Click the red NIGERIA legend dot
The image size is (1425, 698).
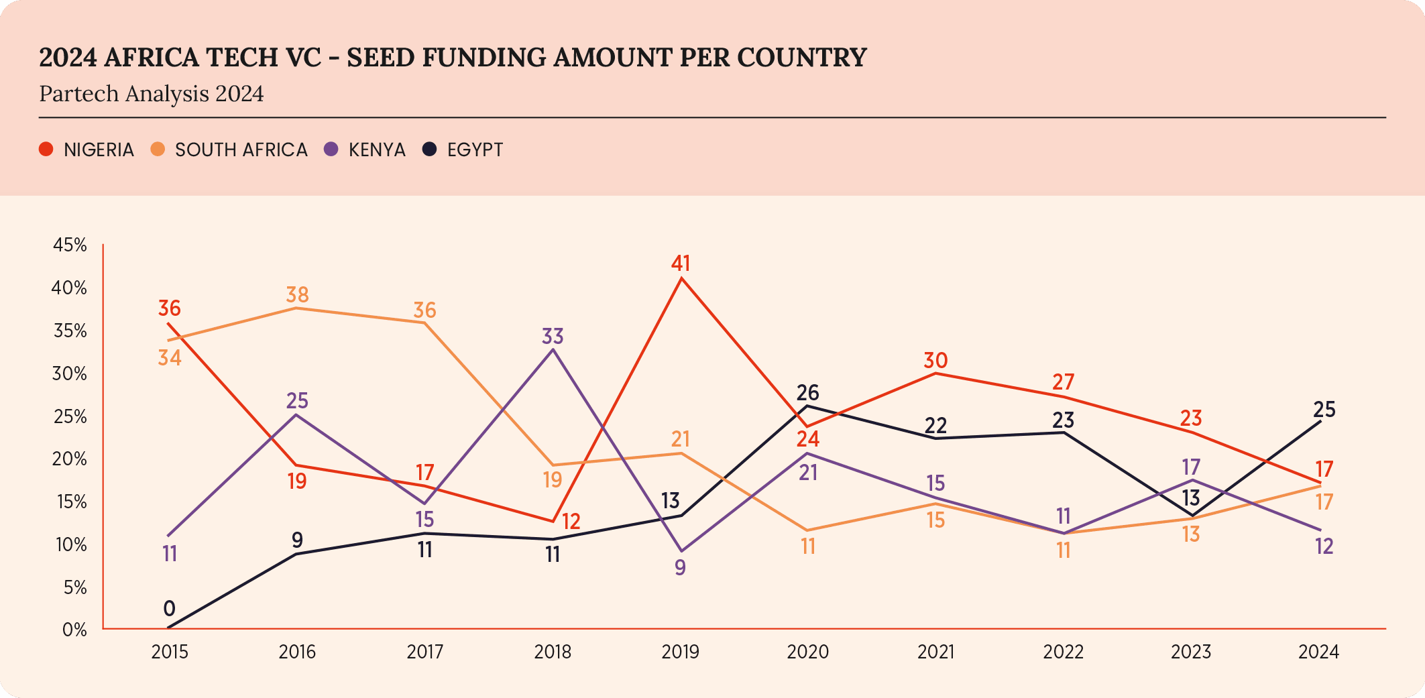pyautogui.click(x=46, y=149)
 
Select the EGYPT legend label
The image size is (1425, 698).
pyautogui.click(x=475, y=150)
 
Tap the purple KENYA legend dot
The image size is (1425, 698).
pyautogui.click(x=331, y=149)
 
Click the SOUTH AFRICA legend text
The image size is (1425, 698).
pyautogui.click(x=241, y=150)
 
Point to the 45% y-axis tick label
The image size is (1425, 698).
pyautogui.click(x=70, y=245)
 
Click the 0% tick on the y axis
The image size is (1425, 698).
pyautogui.click(x=74, y=630)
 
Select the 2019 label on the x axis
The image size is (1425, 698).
pyautogui.click(x=680, y=652)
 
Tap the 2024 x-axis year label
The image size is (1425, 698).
pyautogui.click(x=1318, y=652)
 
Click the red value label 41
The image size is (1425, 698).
pyautogui.click(x=681, y=263)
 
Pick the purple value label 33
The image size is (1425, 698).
pyautogui.click(x=553, y=335)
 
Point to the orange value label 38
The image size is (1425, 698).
pyautogui.click(x=297, y=294)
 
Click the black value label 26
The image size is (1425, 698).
pyautogui.click(x=807, y=392)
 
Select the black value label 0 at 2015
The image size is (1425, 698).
pyautogui.click(x=169, y=609)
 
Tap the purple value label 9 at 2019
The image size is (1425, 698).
pyautogui.click(x=680, y=567)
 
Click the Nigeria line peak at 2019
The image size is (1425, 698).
pyautogui.click(x=681, y=278)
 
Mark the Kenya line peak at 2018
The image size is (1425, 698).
pyautogui.click(x=553, y=349)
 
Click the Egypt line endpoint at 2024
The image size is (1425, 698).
pyautogui.click(x=1320, y=421)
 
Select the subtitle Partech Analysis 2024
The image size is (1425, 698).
pyautogui.click(x=152, y=93)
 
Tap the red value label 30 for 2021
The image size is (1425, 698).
pyautogui.click(x=935, y=360)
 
